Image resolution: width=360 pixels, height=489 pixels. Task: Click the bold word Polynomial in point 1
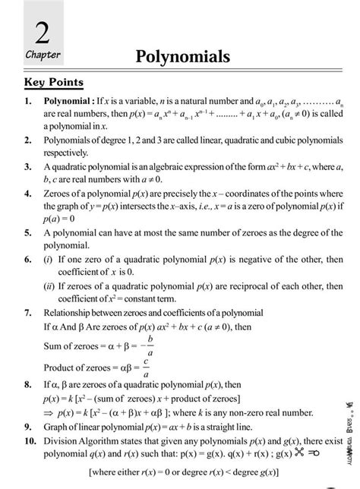click(x=68, y=100)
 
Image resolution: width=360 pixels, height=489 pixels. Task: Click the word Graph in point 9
click(x=58, y=427)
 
